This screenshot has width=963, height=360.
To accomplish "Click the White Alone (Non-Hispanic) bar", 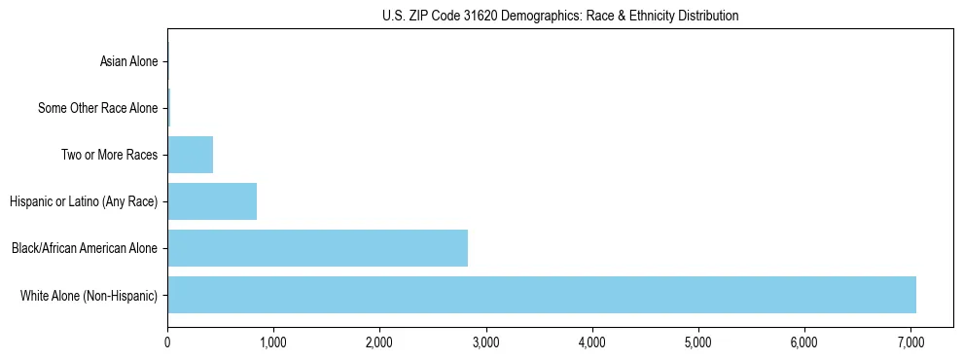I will pos(541,295).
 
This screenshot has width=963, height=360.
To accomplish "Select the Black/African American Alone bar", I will pos(317,248).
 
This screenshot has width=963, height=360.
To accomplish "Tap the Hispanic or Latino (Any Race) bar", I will pos(212,201).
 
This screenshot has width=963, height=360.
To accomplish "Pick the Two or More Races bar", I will pos(190,155).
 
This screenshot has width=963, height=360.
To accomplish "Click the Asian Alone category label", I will pos(128,62).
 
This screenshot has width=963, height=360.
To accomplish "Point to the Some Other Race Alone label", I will pos(97,108).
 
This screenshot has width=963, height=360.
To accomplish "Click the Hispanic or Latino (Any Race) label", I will pos(84,202).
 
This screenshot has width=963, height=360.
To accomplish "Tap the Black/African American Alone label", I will pos(84,249).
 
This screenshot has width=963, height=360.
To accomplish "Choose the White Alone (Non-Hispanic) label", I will pos(89,296).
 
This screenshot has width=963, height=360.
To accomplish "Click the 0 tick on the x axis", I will pos(167,342).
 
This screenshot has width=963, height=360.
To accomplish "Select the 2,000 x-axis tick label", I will pos(379,342).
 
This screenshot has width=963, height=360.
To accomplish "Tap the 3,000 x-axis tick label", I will pos(485,342).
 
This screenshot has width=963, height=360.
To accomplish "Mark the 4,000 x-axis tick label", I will pos(591,342).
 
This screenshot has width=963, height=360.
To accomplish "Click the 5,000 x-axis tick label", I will pos(697,342).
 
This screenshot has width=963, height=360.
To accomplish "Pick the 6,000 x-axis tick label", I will pos(803,342).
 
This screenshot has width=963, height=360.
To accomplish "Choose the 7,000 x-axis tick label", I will pos(909,342).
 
